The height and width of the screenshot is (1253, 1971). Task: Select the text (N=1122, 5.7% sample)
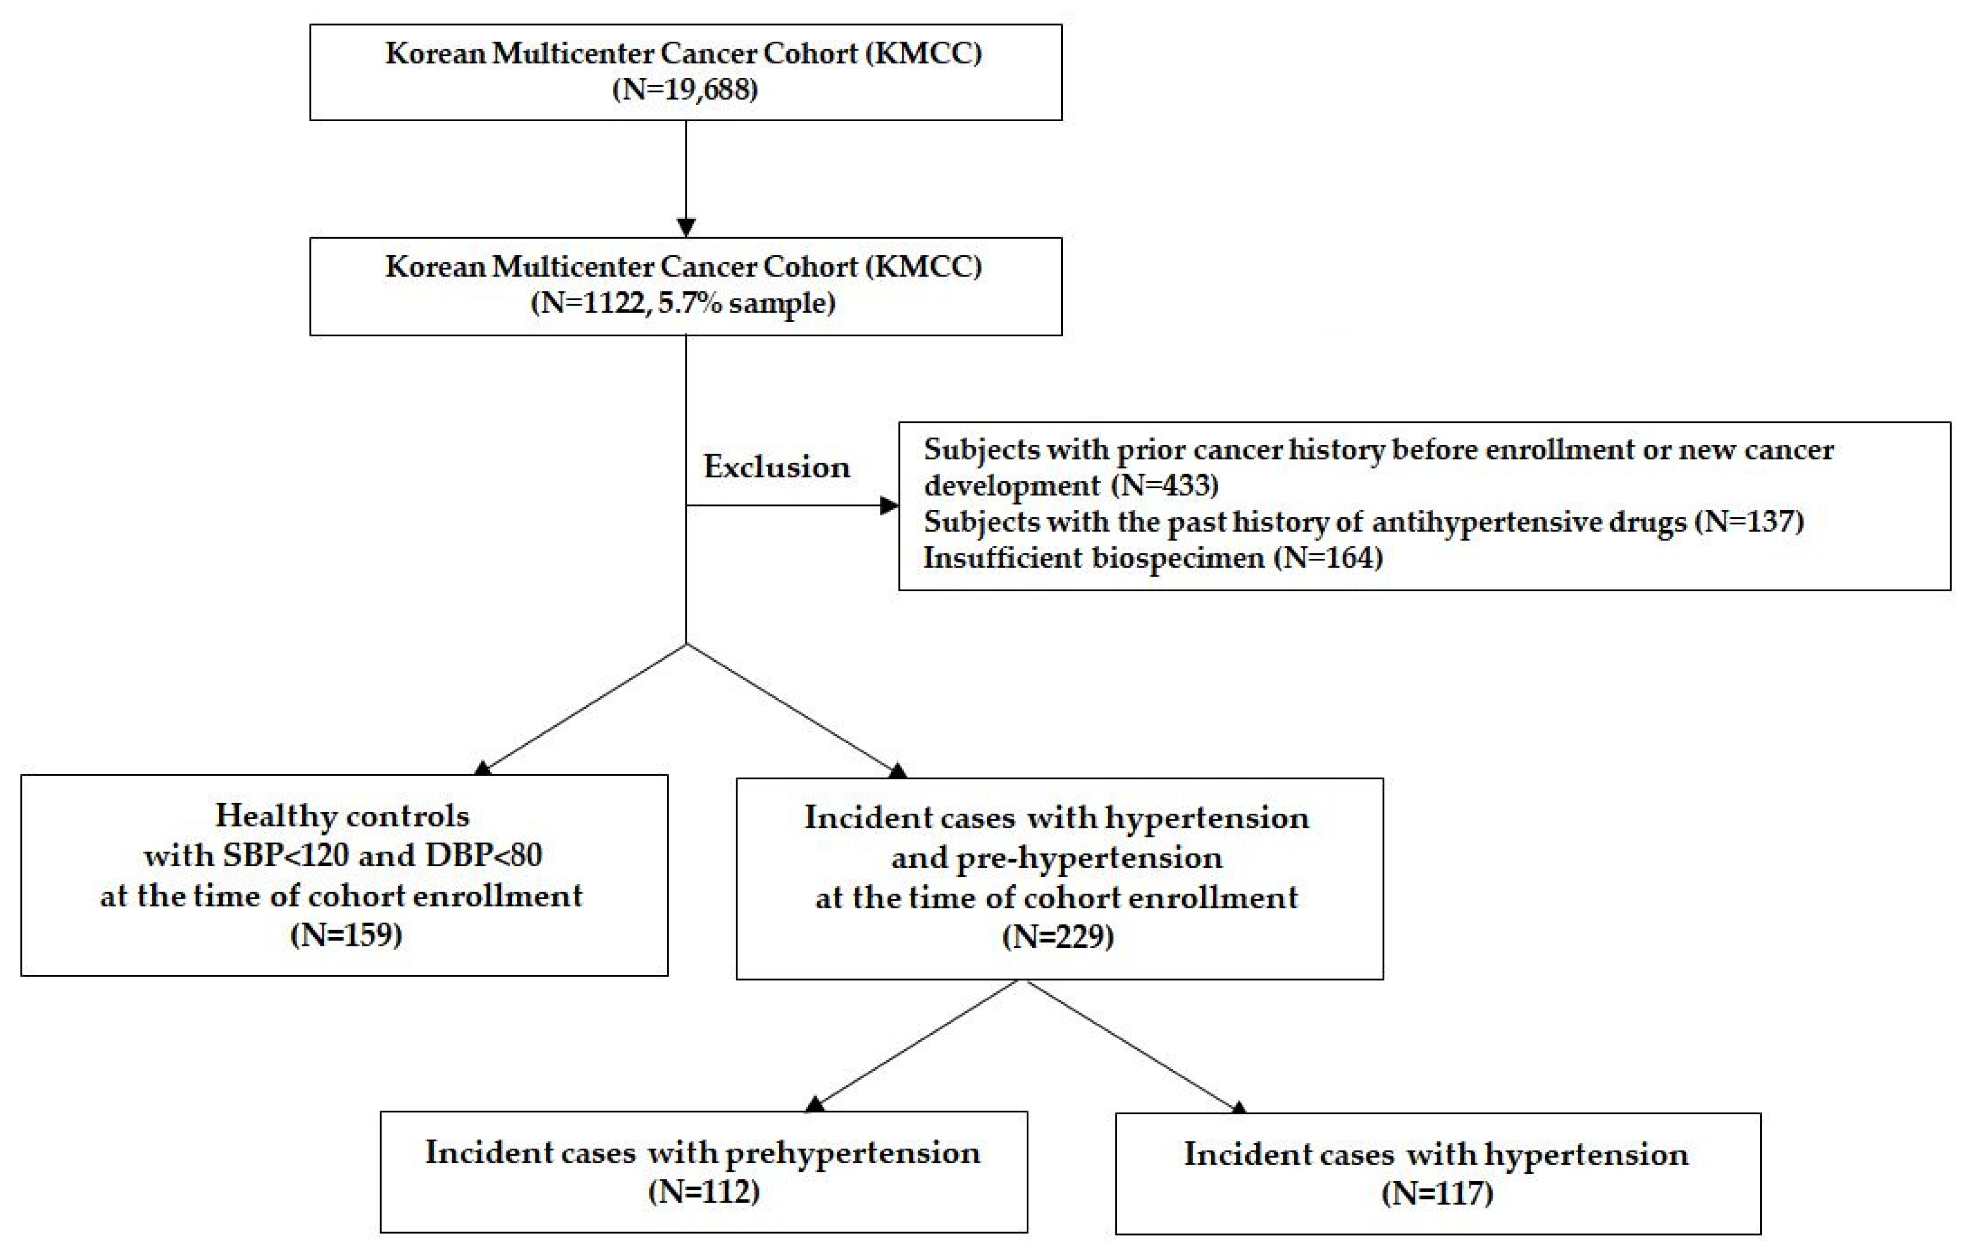[684, 303]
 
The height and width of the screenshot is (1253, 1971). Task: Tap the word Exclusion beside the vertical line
[776, 467]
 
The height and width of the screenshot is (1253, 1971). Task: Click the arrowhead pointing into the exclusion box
[889, 505]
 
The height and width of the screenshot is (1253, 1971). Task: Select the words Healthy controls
[342, 816]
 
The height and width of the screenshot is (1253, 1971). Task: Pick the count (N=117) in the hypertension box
[1437, 1193]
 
